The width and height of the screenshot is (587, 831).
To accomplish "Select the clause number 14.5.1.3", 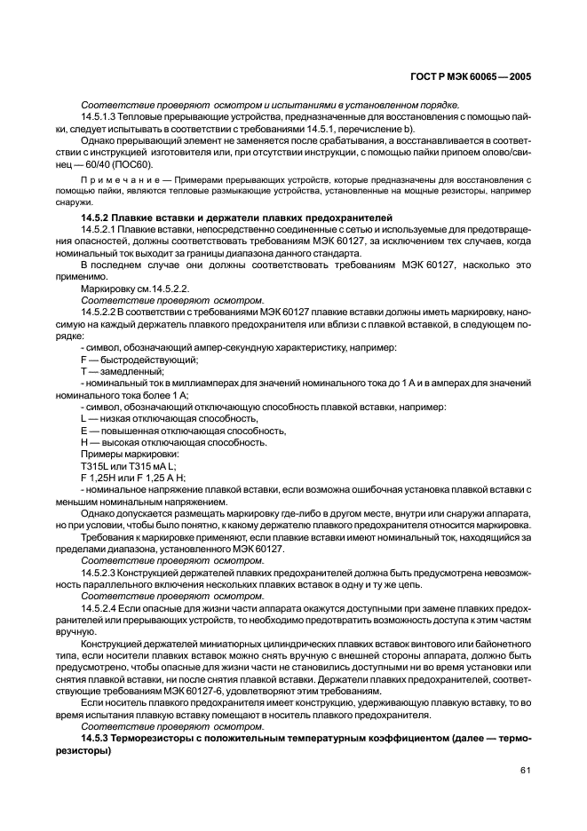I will (x=100, y=117).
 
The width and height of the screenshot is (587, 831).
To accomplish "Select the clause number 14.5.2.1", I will (x=100, y=230).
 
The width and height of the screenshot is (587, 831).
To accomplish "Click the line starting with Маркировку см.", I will (x=134, y=289).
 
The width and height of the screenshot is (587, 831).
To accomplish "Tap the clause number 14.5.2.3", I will (x=100, y=573).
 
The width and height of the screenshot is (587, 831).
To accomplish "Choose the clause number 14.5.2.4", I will (x=100, y=608).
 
